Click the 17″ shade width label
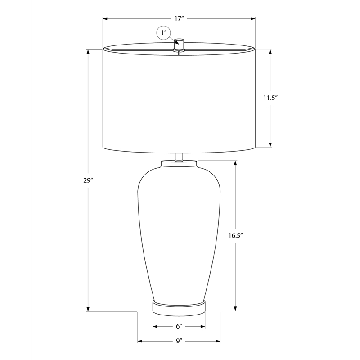pos(178,18)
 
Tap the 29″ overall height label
pos(88,180)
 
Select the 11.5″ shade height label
pos(270,98)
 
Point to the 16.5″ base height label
pos(235,235)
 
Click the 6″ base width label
pos(179,326)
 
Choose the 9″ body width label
pos(179,341)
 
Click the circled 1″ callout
pos(163,32)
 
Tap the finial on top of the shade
pos(179,45)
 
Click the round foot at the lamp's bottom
pos(179,306)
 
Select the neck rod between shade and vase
pos(179,157)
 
